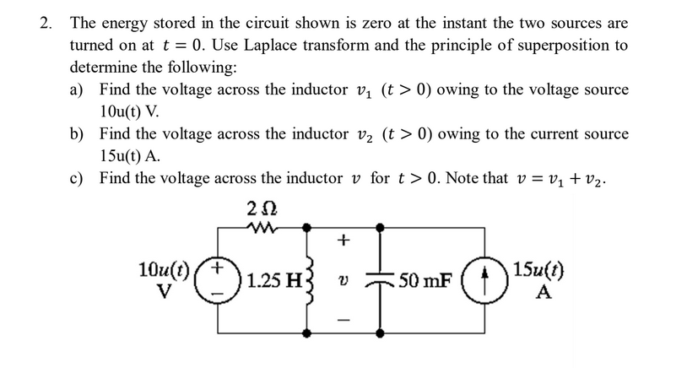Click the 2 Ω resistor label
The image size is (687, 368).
point(263,207)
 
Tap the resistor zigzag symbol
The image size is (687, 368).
point(263,226)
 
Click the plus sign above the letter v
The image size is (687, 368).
point(343,240)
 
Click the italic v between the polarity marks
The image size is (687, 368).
point(342,282)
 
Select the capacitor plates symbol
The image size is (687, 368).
point(381,279)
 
